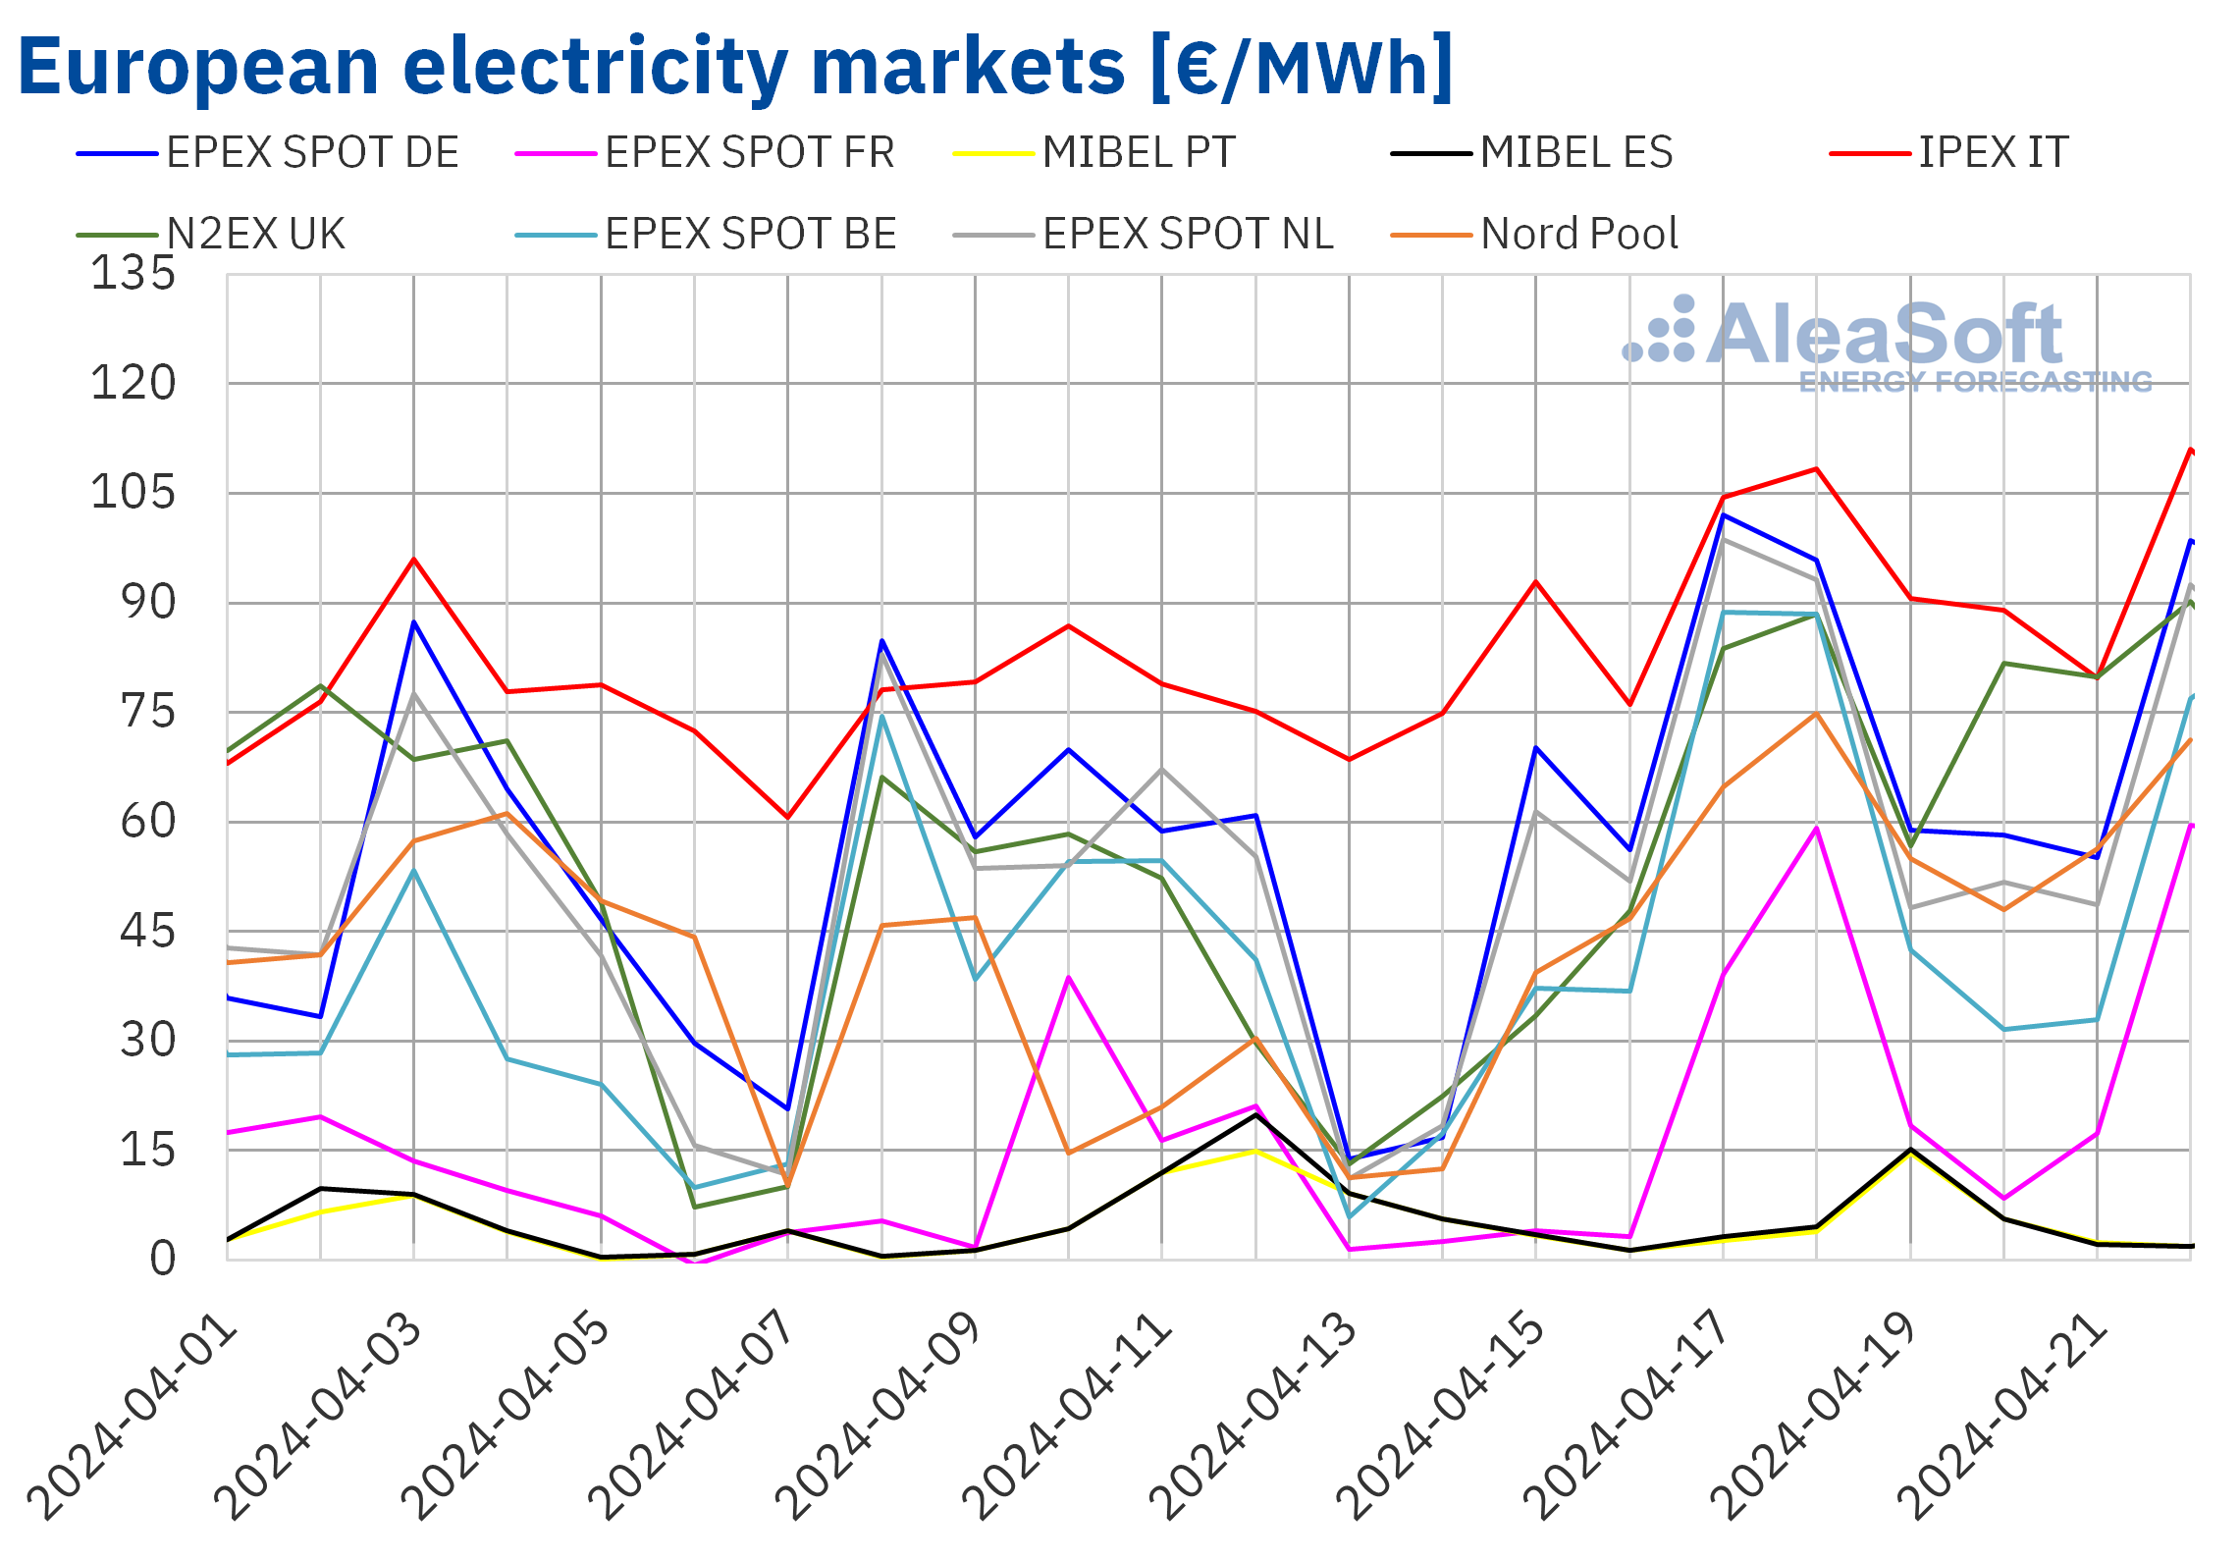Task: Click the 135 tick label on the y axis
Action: tap(133, 273)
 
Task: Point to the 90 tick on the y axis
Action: tap(147, 602)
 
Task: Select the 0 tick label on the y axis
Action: tap(163, 1258)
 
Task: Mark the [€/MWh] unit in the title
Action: tap(1300, 67)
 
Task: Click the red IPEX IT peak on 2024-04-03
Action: tap(414, 560)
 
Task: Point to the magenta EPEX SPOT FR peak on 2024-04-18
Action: tap(1817, 829)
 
